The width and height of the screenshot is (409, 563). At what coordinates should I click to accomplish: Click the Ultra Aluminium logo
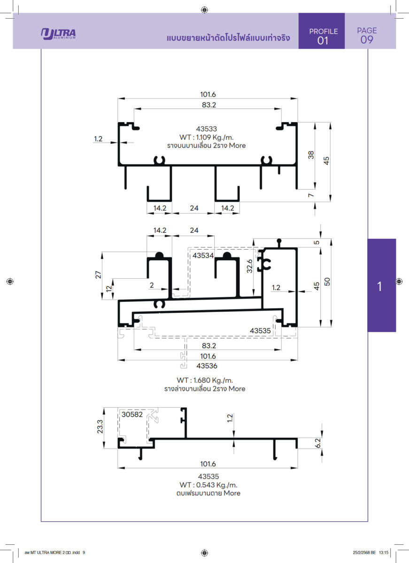[58, 34]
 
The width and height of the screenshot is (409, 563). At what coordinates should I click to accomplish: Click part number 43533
[206, 129]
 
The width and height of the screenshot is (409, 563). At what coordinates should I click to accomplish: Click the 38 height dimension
[311, 155]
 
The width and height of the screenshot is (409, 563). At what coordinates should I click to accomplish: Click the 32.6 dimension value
[250, 266]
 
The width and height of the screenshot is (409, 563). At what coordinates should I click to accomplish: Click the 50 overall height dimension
[327, 281]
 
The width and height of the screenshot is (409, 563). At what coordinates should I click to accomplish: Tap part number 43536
[207, 365]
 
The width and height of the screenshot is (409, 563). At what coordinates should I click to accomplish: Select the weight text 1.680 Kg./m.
[205, 380]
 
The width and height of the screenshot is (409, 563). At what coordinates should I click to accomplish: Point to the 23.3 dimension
[100, 426]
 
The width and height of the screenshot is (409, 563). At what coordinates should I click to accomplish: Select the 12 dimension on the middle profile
[108, 289]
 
